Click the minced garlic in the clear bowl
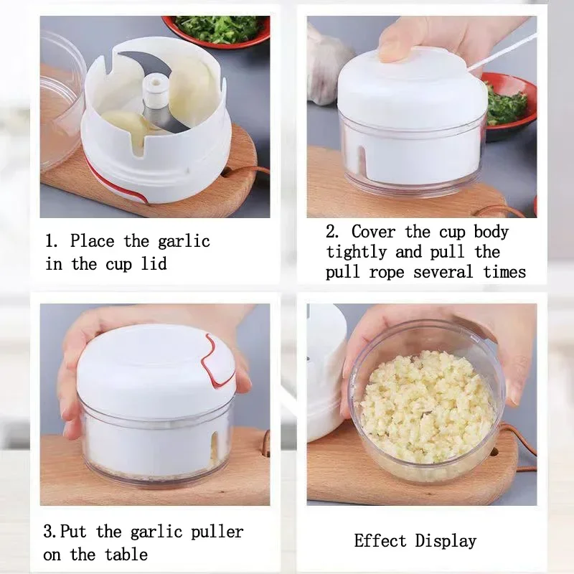point(428,405)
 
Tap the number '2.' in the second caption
point(333,232)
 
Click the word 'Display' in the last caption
point(446,540)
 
